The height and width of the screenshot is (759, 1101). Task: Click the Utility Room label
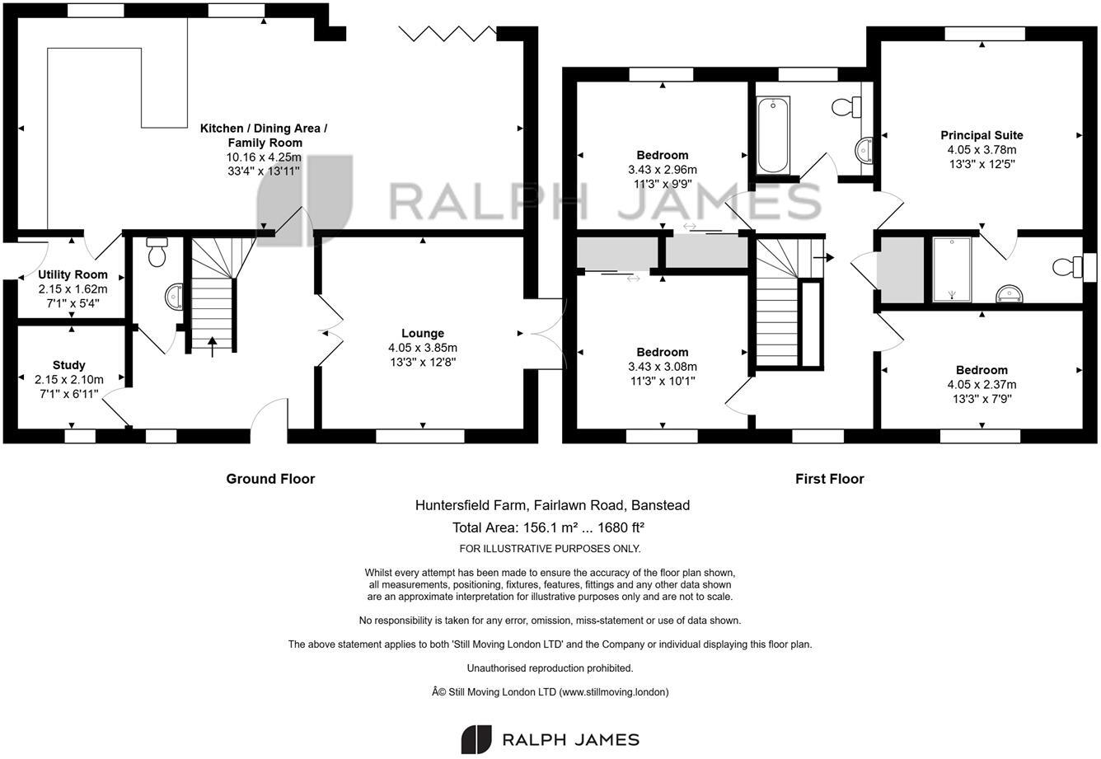click(73, 274)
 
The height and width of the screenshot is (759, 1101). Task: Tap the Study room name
click(68, 365)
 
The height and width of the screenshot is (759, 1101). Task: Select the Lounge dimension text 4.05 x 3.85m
click(423, 348)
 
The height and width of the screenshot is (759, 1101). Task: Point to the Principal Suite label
click(982, 135)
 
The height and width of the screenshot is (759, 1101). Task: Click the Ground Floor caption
click(270, 479)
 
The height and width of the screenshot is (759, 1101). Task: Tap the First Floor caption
click(829, 479)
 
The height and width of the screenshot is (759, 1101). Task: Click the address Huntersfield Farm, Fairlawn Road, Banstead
click(552, 505)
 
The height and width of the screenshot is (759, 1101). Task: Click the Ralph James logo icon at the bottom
click(476, 739)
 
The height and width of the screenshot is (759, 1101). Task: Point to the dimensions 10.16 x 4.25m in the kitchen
click(263, 157)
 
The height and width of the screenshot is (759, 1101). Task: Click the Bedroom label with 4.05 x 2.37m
click(982, 370)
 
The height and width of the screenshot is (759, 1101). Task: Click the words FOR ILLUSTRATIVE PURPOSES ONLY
click(550, 549)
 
